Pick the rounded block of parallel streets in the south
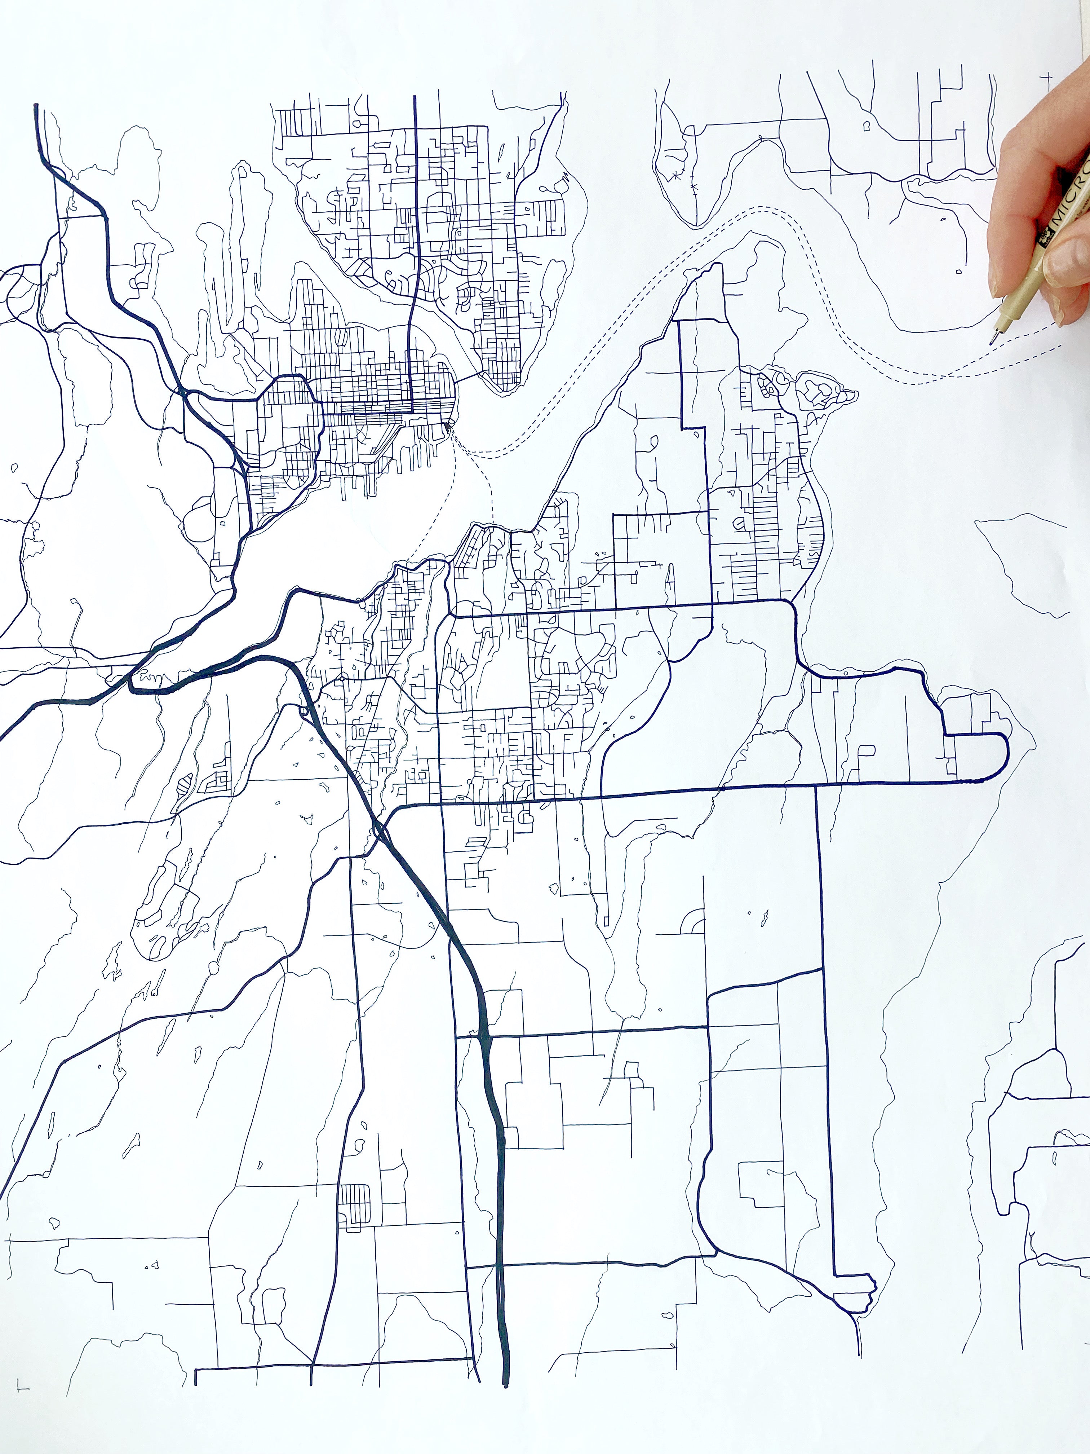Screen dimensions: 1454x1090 click(x=354, y=1202)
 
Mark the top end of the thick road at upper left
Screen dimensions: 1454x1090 click(x=35, y=105)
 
